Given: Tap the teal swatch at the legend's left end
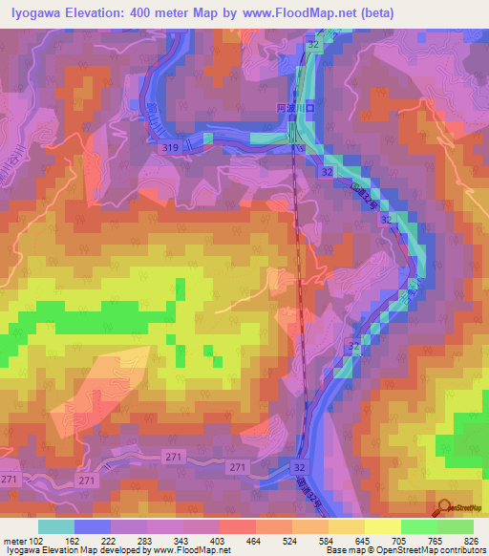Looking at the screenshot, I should point(55,526).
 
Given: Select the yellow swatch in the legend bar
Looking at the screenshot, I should point(383,526).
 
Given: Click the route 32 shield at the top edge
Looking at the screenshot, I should point(313,45).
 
